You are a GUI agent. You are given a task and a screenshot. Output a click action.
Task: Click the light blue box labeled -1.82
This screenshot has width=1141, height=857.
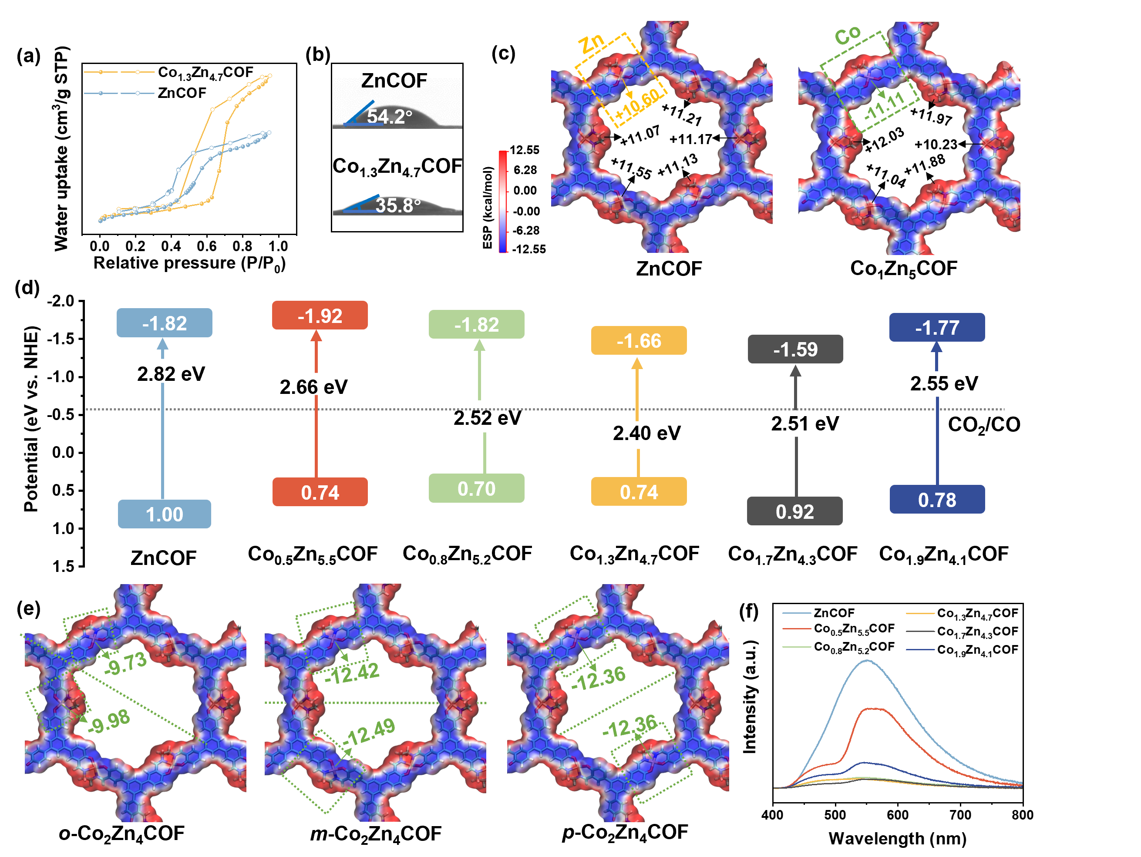point(164,323)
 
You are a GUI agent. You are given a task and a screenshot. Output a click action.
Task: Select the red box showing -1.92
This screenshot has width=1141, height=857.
point(320,315)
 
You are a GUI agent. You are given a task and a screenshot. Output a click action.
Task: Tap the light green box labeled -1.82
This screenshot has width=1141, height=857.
point(476,324)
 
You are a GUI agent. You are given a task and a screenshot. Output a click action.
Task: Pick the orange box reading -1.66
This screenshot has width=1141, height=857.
point(639,340)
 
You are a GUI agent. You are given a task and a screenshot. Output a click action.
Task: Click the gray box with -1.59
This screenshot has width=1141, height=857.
point(795,349)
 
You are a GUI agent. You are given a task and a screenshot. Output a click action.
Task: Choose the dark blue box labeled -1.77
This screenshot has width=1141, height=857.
point(937,327)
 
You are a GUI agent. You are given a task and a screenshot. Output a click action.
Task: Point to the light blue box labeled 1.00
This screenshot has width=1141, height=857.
point(164,514)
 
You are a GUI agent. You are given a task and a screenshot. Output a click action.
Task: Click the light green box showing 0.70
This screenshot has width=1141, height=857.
point(476,488)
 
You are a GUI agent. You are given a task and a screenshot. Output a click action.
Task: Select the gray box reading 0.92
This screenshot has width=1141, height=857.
point(795,511)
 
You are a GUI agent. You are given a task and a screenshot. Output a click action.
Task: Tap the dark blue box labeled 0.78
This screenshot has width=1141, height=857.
point(937,499)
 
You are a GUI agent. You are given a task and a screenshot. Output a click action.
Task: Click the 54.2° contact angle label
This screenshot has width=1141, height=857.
point(390,117)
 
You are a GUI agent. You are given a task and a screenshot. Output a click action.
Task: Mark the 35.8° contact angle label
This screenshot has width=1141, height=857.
point(398,205)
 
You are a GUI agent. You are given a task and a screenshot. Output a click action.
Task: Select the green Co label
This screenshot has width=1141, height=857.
point(848,35)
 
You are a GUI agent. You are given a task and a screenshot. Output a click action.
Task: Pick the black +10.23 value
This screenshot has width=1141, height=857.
point(936,145)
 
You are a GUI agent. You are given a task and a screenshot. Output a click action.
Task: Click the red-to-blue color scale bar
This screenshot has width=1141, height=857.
point(503,202)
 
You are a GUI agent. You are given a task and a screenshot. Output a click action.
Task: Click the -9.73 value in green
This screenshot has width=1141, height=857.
point(125,664)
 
